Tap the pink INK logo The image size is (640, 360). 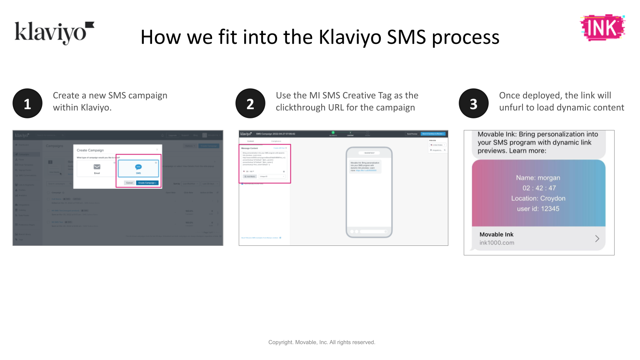click(602, 28)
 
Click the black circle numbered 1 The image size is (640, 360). click(27, 104)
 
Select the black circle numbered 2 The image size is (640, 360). click(250, 104)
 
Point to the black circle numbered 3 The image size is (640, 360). click(474, 104)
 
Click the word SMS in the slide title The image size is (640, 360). click(407, 37)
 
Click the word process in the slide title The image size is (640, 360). click(465, 38)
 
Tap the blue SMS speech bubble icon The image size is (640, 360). click(138, 167)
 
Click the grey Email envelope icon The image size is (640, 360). click(97, 167)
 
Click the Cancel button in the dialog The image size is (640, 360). click(130, 183)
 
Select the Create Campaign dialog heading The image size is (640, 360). click(90, 150)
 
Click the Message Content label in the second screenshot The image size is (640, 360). click(250, 148)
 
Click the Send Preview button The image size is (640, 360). click(412, 134)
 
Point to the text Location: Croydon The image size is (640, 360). click(538, 198)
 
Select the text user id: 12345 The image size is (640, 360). click(538, 209)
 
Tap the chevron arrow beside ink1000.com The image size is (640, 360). click(597, 238)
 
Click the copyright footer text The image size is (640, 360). click(322, 342)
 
